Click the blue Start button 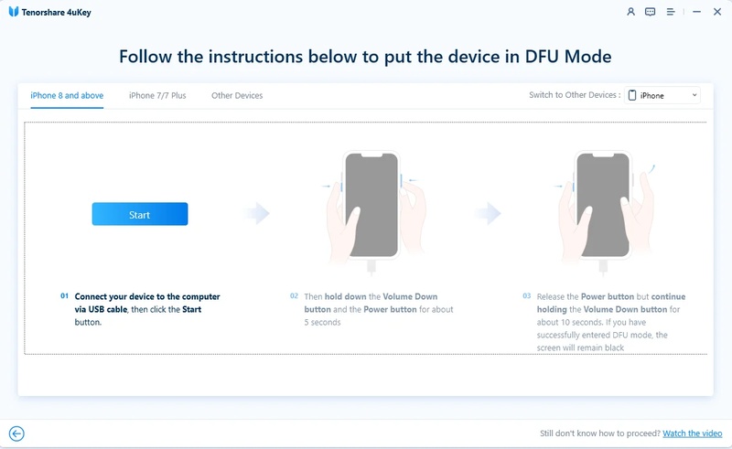point(139,214)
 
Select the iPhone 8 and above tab point(66,95)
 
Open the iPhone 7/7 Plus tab point(157,95)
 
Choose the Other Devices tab point(237,95)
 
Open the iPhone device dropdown point(662,95)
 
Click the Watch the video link point(693,433)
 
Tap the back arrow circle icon point(16,434)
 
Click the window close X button point(716,12)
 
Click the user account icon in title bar point(630,12)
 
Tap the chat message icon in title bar point(651,12)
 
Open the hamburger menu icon point(671,12)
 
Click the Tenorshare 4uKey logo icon point(13,12)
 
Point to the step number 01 point(65,297)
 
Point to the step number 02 point(294,297)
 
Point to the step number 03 point(527,297)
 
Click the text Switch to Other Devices point(573,95)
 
